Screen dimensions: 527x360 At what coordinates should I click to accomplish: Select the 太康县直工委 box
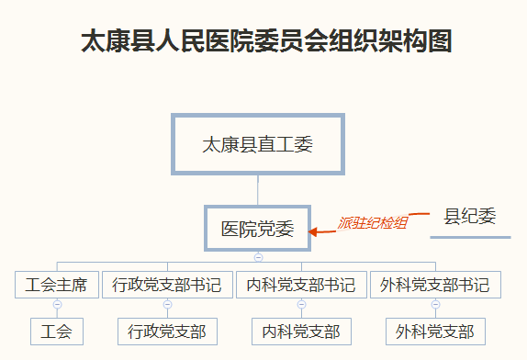258,144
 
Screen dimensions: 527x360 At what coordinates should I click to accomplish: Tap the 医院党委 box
258,229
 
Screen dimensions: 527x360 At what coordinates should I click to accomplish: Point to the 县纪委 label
470,217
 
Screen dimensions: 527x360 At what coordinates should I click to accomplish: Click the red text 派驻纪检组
372,222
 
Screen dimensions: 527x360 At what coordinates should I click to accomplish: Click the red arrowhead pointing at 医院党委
314,231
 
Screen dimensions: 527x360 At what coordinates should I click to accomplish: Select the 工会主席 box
57,285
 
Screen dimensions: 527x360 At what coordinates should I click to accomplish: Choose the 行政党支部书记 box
167,285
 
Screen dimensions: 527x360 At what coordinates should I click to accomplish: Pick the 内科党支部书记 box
301,285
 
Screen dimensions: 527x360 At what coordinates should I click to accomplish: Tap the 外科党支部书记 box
435,285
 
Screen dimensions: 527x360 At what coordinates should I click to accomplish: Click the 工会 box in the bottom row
57,331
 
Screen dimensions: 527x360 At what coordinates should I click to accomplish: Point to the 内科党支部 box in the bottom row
301,331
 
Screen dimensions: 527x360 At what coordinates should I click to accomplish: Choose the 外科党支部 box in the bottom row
435,331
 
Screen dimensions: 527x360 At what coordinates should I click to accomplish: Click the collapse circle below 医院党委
258,257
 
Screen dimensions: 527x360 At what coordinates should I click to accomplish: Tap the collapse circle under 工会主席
57,304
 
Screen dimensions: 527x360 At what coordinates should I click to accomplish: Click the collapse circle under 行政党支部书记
167,304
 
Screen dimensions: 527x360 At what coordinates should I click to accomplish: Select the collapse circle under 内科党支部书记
301,304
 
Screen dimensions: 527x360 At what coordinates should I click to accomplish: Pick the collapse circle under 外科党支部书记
435,304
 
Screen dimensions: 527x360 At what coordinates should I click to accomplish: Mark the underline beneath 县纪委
470,236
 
